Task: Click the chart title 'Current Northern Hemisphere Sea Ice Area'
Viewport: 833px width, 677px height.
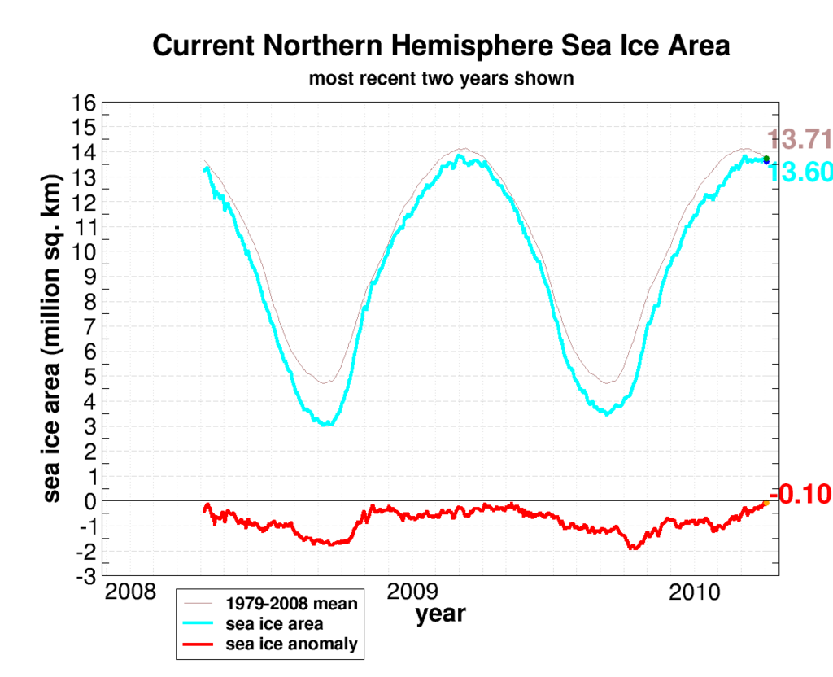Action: pyautogui.click(x=440, y=46)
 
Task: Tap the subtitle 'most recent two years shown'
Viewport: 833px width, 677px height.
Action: pyautogui.click(x=441, y=79)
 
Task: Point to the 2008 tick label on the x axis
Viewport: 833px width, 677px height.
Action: pyautogui.click(x=131, y=592)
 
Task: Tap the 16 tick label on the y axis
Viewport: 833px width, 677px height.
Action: pyautogui.click(x=85, y=103)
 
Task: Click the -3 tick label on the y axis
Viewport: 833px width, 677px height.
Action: pyautogui.click(x=85, y=576)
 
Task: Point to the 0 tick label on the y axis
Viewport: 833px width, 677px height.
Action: pyautogui.click(x=90, y=501)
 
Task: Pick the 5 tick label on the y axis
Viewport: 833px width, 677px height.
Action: pyautogui.click(x=90, y=377)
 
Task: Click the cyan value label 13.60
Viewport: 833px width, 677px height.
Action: pyautogui.click(x=800, y=173)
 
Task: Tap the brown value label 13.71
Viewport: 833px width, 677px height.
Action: pyautogui.click(x=800, y=140)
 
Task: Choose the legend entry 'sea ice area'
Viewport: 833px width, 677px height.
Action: pyautogui.click(x=274, y=624)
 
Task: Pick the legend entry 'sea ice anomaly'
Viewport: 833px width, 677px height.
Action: pyautogui.click(x=291, y=644)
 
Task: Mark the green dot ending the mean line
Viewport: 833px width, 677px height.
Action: pyautogui.click(x=766, y=158)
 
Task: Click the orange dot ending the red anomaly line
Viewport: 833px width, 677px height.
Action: pyautogui.click(x=766, y=504)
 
